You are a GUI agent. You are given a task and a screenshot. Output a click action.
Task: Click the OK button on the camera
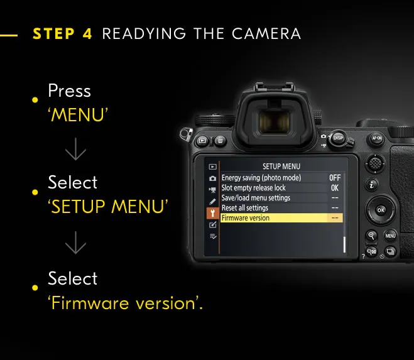(381, 210)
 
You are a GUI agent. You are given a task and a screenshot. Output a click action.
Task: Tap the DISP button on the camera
(338, 138)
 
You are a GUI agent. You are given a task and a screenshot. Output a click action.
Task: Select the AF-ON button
(376, 138)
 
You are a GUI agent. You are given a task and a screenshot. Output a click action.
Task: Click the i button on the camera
(372, 184)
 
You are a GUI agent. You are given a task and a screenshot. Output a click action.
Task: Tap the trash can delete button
(220, 141)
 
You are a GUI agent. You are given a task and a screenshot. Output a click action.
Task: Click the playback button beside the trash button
(202, 141)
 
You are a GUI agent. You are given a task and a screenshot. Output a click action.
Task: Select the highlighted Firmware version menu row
(281, 218)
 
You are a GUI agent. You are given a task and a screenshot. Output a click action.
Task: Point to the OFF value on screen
(335, 178)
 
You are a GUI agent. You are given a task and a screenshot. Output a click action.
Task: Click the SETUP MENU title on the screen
(281, 166)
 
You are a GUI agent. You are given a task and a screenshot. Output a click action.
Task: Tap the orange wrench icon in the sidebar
(212, 213)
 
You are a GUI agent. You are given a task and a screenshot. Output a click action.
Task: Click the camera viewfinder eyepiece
(275, 121)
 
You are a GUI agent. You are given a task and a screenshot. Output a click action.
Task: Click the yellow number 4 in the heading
(87, 34)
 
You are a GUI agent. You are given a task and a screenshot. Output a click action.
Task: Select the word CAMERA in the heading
(266, 34)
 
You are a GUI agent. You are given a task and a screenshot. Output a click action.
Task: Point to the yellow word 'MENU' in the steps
(78, 114)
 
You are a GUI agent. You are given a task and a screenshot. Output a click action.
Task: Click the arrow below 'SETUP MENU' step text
(76, 243)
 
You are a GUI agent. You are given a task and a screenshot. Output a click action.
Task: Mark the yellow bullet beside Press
(35, 100)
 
